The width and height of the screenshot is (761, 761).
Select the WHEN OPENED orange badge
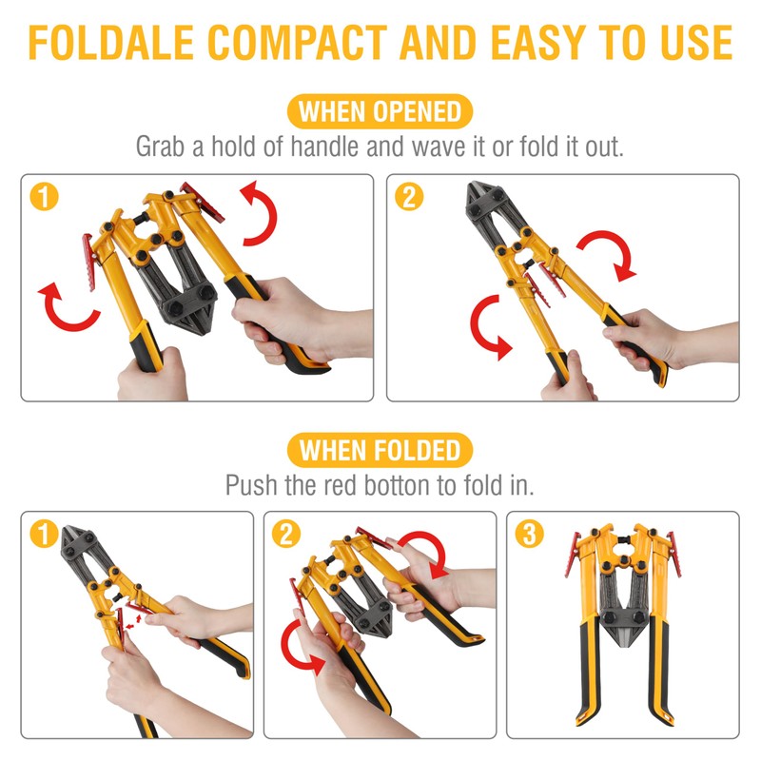tap(380, 111)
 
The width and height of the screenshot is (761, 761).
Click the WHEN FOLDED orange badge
tap(380, 449)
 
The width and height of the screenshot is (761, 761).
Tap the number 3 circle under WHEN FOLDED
tap(528, 535)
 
